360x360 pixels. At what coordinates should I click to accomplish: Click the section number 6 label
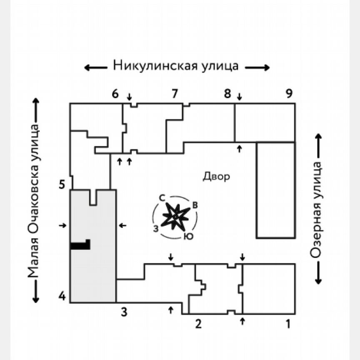[115, 94]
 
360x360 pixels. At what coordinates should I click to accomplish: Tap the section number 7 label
[175, 94]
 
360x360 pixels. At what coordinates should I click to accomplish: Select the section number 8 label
[227, 94]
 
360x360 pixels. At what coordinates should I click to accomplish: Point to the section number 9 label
[289, 94]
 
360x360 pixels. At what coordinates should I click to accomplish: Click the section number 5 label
[62, 184]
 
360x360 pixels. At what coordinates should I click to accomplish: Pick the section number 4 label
[62, 297]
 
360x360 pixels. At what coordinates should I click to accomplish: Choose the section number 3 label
[124, 311]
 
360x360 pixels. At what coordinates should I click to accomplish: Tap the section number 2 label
[198, 323]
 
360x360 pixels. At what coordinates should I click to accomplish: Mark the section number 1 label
[287, 323]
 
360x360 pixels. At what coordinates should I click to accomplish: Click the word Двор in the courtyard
[216, 177]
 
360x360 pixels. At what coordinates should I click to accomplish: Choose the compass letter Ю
[188, 236]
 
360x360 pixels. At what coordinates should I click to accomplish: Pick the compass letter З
[155, 228]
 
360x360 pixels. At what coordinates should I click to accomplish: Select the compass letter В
[195, 205]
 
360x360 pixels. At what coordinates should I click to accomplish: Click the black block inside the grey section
[81, 245]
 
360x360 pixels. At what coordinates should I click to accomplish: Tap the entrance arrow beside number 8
[239, 97]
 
